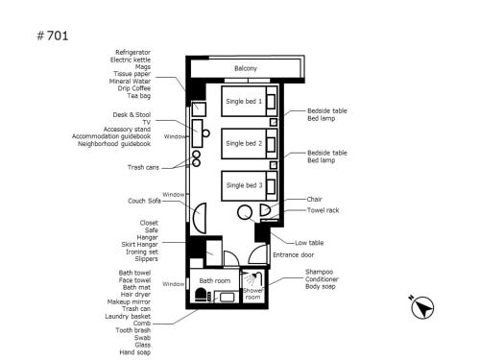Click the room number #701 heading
(x=53, y=36)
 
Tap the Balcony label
(x=246, y=68)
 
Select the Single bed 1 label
(x=244, y=102)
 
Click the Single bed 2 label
(x=244, y=143)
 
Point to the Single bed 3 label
(x=244, y=185)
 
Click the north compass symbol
(x=422, y=307)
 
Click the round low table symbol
(x=245, y=212)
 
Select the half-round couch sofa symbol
(x=200, y=218)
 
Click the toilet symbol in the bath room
(x=202, y=295)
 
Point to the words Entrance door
(x=293, y=255)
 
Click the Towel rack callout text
(x=323, y=210)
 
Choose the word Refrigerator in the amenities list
(x=132, y=52)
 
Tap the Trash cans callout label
(x=143, y=167)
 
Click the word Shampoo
(x=319, y=272)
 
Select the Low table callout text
(x=309, y=243)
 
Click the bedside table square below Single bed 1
(x=274, y=122)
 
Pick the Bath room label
(x=215, y=281)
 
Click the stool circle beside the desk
(x=206, y=133)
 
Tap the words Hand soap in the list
(x=134, y=352)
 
